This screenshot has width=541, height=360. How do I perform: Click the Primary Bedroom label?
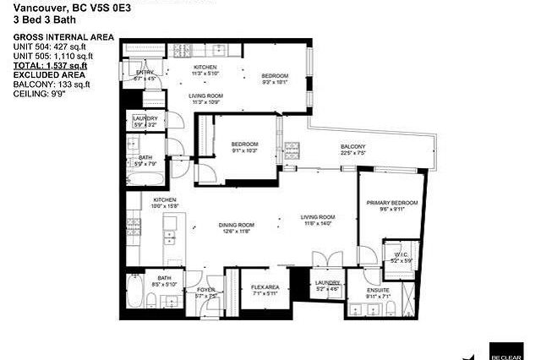pos(391,204)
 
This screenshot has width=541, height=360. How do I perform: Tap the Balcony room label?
pos(352,147)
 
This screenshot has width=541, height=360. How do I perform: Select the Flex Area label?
pos(265,287)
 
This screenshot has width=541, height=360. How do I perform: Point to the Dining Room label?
pos(237,225)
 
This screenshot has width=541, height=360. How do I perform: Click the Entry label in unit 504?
pos(145,73)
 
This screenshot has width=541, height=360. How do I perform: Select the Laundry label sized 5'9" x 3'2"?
pos(145,118)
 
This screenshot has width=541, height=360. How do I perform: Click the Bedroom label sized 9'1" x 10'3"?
pos(245,145)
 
